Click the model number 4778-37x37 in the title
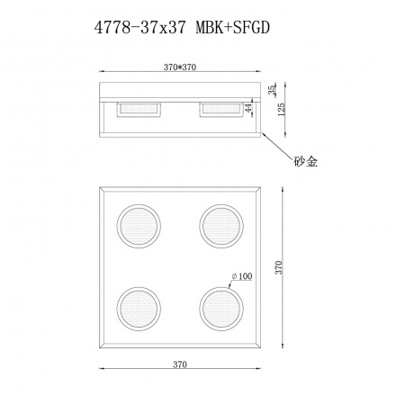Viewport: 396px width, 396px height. click(141, 28)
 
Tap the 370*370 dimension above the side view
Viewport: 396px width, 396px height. click(177, 67)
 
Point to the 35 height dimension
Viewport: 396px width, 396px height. click(271, 89)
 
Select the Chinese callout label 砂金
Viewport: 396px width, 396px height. click(305, 162)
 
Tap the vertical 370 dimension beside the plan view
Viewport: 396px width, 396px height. click(280, 271)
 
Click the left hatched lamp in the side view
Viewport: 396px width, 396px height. click(137, 108)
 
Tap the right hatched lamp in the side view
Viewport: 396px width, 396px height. click(220, 108)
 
